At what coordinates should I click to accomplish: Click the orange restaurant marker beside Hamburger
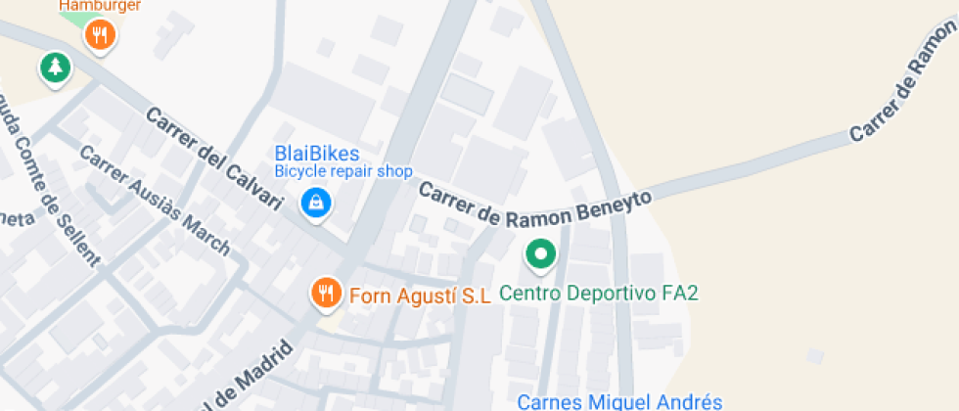[x=100, y=37]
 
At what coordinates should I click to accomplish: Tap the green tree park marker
[x=55, y=68]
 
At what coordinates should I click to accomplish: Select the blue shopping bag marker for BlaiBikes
[x=316, y=204]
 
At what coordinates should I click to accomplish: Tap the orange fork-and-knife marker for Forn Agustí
[x=326, y=292]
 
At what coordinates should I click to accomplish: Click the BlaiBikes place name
[x=316, y=154]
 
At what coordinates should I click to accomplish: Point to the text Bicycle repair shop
[x=342, y=171]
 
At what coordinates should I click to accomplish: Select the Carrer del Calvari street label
[x=214, y=160]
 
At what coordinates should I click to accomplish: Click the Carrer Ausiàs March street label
[x=154, y=200]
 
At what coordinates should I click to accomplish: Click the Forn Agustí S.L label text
[x=419, y=296]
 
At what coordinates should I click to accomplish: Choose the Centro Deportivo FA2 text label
[x=598, y=293]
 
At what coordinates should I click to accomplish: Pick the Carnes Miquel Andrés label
[x=618, y=401]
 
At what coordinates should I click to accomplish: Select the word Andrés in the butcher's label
[x=691, y=401]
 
